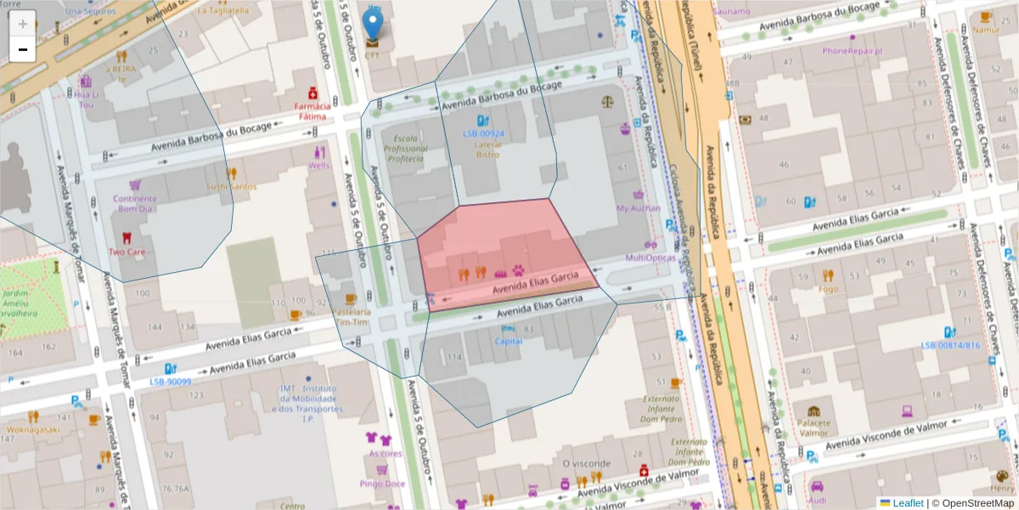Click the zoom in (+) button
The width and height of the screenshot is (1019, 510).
point(23,23)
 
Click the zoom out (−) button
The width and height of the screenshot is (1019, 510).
point(23,49)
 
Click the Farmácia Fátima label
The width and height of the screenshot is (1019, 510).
point(312,111)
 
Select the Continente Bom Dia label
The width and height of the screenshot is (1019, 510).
point(135,203)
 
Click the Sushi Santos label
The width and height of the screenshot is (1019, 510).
point(231,186)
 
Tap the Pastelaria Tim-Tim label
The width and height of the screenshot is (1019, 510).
point(351,317)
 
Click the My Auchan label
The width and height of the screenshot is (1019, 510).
point(638,207)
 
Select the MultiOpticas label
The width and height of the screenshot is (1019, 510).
point(650,258)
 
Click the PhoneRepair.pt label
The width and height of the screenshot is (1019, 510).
point(852,50)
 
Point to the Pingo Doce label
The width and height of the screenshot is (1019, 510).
point(382,484)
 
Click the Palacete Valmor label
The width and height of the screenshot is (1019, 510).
point(814,427)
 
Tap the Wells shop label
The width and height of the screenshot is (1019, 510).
point(320,165)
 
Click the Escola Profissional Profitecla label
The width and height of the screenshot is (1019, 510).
point(405,148)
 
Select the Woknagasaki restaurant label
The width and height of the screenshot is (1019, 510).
point(33,429)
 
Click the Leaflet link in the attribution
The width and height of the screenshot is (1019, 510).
point(907,503)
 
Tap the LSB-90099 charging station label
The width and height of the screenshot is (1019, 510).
point(170,381)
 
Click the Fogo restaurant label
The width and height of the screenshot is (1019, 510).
point(828,288)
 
